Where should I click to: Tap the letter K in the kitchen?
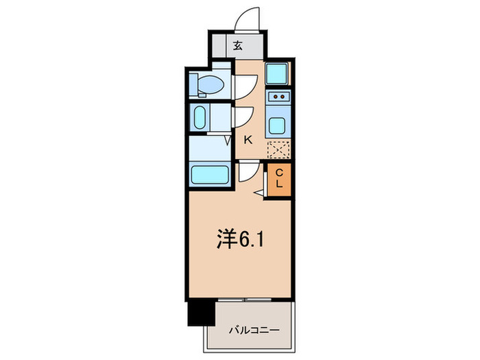point(248,139)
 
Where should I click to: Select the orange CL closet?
point(279,180)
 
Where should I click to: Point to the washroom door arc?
point(243,117)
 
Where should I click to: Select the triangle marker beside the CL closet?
point(258,194)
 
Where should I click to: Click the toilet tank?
point(194,84)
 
